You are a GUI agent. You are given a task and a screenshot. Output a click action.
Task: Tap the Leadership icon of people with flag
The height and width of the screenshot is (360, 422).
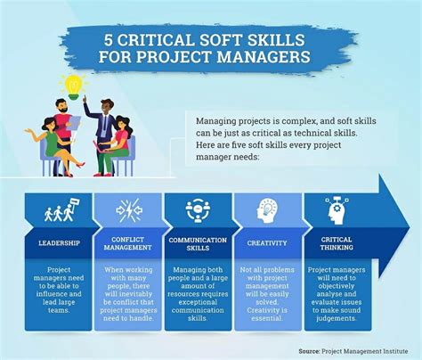58,211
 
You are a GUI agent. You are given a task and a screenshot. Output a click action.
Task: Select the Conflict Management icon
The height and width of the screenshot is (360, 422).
127,211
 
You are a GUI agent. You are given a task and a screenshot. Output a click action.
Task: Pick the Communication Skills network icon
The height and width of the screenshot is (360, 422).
197,210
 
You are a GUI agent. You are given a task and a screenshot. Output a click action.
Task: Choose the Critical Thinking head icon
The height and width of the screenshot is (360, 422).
336,210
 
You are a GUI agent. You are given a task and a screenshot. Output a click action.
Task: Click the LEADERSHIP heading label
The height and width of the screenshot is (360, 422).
58,241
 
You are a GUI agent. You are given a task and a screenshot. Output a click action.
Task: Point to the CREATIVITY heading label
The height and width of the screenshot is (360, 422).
266,241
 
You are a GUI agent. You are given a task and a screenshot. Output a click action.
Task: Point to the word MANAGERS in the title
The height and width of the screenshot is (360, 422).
264,60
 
